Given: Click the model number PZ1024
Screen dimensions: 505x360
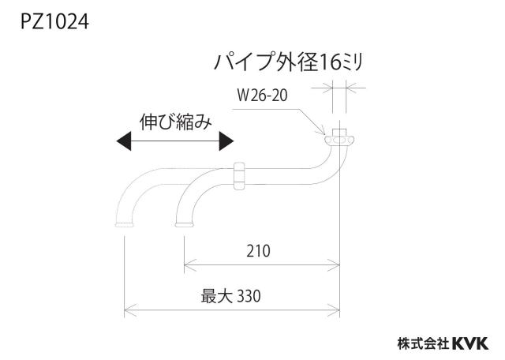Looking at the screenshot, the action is (54, 22).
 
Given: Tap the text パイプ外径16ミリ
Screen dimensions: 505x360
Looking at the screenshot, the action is (288, 62).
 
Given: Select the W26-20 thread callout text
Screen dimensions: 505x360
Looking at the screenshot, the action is (262, 95).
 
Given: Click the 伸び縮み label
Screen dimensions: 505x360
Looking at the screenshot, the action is (176, 122).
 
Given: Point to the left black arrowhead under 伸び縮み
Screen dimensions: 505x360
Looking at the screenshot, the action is (124, 141).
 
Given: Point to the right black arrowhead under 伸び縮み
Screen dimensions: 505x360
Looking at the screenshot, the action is (226, 141).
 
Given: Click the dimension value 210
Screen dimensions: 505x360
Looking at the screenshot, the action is (258, 251).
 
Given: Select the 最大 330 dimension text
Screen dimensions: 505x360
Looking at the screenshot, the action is (230, 296).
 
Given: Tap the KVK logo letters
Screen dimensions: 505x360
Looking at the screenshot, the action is (470, 343).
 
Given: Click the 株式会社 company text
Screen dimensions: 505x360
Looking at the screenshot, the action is (423, 343).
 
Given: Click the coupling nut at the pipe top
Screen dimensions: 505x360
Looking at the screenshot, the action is (339, 141).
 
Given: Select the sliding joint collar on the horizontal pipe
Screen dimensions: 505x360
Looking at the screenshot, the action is (238, 176).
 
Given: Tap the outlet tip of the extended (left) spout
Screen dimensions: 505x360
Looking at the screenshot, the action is (125, 225).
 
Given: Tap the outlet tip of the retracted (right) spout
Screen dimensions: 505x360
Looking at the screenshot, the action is (184, 225).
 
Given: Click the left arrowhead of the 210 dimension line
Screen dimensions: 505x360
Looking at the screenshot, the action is (190, 264).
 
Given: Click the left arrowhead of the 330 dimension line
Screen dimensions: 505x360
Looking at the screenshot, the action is (130, 310).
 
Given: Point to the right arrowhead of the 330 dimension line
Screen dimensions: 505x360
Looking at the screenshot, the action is (334, 310).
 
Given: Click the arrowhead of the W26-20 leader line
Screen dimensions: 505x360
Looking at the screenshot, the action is (321, 132).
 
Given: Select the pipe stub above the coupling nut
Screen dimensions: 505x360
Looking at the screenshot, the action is (339, 133).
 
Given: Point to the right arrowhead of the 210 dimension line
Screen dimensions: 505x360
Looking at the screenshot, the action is (334, 264).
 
